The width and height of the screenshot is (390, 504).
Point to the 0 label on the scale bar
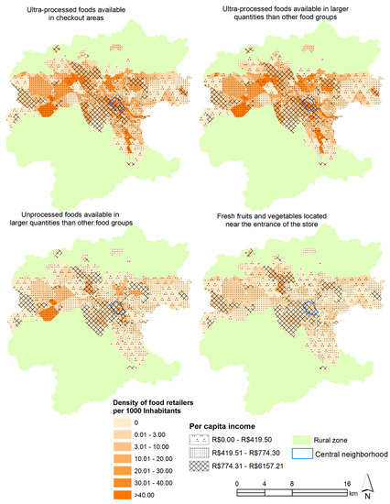[237, 482]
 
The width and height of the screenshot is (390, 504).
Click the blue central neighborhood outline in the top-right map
[311, 104]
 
